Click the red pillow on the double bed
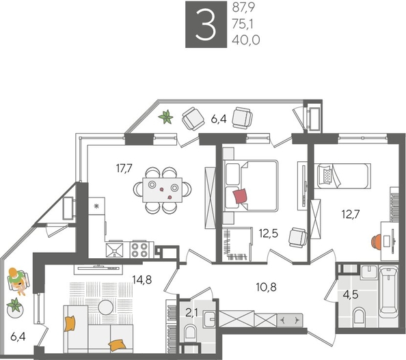(x=241, y=197)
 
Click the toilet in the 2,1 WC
(x=192, y=331)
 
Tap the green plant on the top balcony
(x=165, y=117)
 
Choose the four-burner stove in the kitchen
(x=139, y=248)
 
